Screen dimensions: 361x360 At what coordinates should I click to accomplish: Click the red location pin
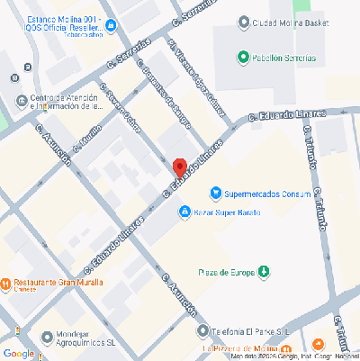click(179, 167)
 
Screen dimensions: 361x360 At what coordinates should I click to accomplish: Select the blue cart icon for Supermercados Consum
click(215, 192)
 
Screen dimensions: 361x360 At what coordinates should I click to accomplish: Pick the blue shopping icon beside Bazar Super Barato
click(184, 212)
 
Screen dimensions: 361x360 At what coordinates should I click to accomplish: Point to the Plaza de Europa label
click(226, 271)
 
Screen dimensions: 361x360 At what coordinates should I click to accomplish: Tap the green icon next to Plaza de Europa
click(264, 271)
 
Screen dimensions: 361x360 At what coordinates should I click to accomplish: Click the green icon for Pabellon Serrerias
click(242, 58)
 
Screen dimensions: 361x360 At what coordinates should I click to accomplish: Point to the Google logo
click(18, 353)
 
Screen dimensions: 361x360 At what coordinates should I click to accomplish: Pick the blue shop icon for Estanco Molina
click(110, 26)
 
